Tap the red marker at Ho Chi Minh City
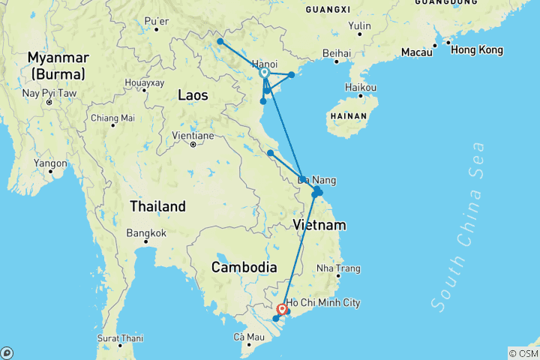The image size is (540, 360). point(283,309)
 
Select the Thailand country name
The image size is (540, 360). point(157,206)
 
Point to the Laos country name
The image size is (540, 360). point(193,94)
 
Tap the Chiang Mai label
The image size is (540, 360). point(112,118)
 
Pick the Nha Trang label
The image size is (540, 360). point(338,268)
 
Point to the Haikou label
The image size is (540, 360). point(361,87)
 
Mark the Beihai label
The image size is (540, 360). point(336,53)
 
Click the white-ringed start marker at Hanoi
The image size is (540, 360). point(265,73)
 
